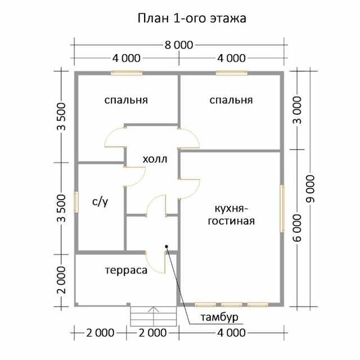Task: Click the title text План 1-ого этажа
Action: pyautogui.click(x=192, y=19)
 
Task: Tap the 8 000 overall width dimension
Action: pyautogui.click(x=179, y=45)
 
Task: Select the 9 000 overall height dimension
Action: pyautogui.click(x=310, y=189)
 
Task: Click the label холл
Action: pyautogui.click(x=155, y=159)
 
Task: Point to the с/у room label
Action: pyautogui.click(x=100, y=201)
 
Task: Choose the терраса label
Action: pyautogui.click(x=126, y=270)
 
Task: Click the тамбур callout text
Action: pyautogui.click(x=219, y=317)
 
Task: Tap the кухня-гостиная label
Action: pyautogui.click(x=231, y=215)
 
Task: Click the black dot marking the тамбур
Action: pyautogui.click(x=166, y=246)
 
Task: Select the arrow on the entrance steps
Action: pyautogui.click(x=154, y=309)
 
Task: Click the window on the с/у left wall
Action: pyautogui.click(x=76, y=202)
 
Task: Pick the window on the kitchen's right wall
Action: pyautogui.click(x=282, y=209)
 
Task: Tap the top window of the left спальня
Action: pyautogui.click(x=127, y=73)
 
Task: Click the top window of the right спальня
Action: pyautogui.click(x=232, y=73)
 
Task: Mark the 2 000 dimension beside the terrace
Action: pyautogui.click(x=61, y=280)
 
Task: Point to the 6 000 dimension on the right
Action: pyautogui.click(x=297, y=228)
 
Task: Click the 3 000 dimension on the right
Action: pyautogui.click(x=297, y=110)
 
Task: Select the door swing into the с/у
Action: pyautogui.click(x=135, y=177)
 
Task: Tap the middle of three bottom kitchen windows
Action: pyautogui.click(x=232, y=305)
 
